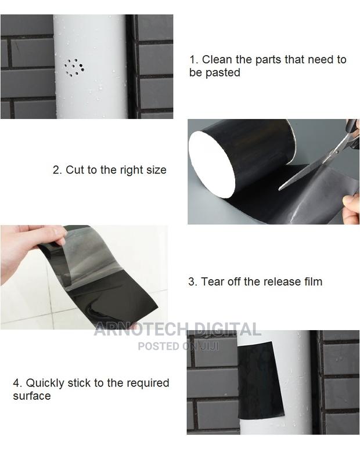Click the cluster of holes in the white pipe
[x=74, y=68]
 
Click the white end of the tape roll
[x=211, y=164]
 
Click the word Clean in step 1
[x=217, y=60]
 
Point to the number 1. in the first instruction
[x=193, y=60]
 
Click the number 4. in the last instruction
[x=17, y=383]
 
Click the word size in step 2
[x=155, y=170]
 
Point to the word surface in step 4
[x=32, y=396]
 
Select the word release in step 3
[x=281, y=282]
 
